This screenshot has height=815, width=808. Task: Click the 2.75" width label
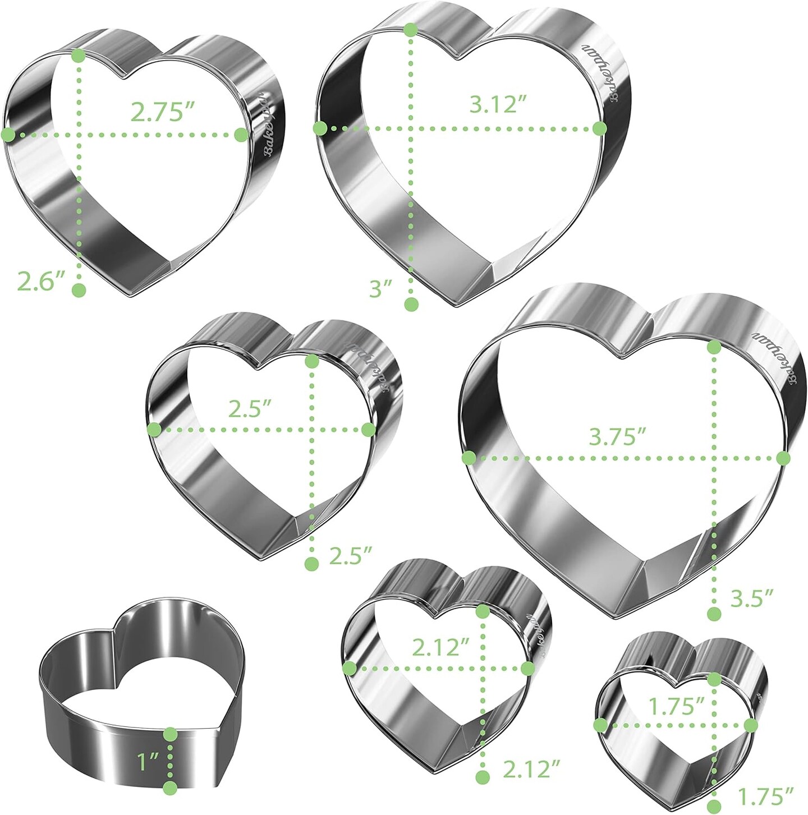158,112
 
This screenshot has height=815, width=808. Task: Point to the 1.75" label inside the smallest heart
676,707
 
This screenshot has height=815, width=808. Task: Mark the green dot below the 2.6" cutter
79,291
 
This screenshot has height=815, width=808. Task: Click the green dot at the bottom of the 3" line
411,305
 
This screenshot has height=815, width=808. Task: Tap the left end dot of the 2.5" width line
154,430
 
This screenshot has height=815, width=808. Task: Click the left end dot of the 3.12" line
320,128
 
